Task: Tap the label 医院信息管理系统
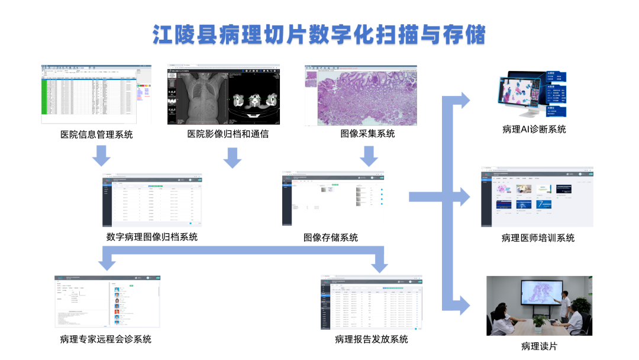click(96, 134)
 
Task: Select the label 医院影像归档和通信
click(228, 134)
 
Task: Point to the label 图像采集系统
click(367, 133)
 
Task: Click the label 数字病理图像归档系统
click(152, 237)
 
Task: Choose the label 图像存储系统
click(331, 237)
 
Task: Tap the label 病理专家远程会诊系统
click(105, 339)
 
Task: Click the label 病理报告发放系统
click(371, 339)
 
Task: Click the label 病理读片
click(539, 346)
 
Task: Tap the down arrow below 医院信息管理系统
click(102, 157)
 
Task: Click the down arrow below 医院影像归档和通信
click(233, 157)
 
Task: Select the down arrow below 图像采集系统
click(369, 157)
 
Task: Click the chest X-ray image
click(198, 98)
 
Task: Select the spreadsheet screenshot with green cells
click(89, 95)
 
